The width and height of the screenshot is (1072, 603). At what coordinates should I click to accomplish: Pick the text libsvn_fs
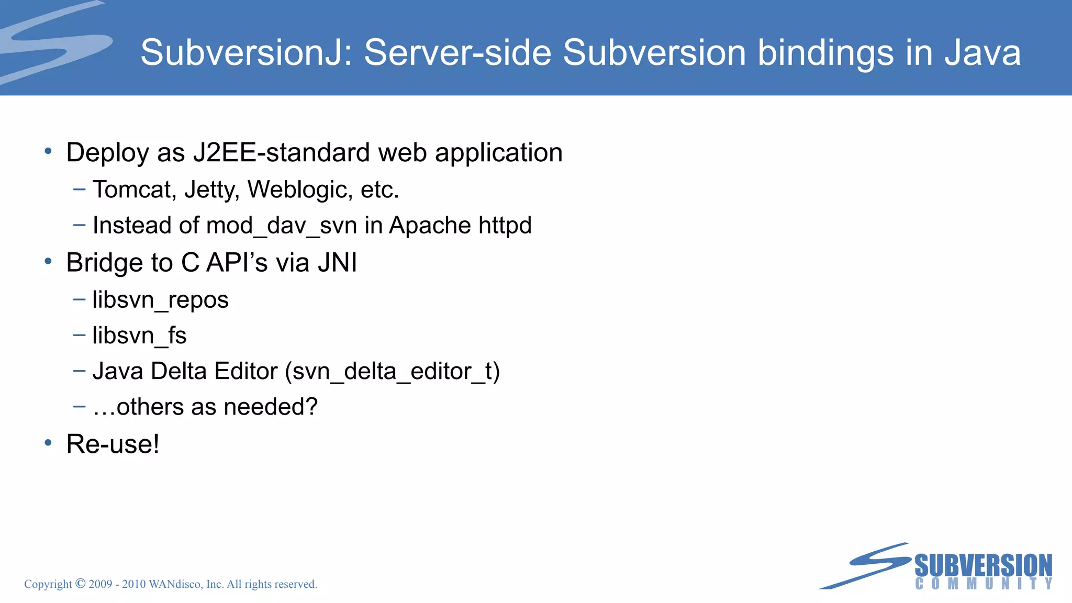point(139,336)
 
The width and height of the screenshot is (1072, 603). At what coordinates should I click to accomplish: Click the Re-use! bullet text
point(113,444)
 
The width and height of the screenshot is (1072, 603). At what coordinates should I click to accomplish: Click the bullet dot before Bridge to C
point(48,261)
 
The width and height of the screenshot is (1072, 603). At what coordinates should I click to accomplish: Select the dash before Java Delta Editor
point(80,371)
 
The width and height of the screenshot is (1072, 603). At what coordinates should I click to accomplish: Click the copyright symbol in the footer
point(80,583)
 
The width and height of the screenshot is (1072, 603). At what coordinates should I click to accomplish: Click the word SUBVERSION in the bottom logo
point(983,566)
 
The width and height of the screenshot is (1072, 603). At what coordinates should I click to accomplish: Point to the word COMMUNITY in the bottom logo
point(983,584)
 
